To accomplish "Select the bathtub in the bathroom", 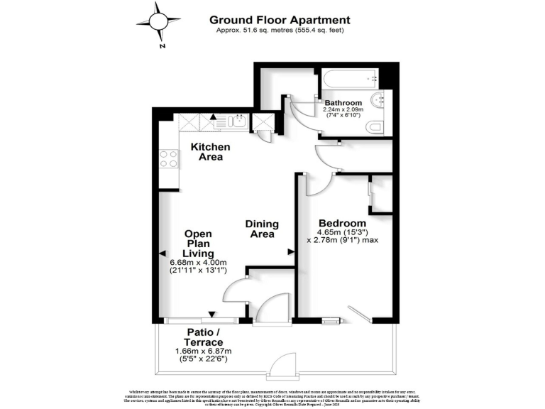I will tap(346, 80).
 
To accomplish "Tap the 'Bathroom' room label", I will tap(343, 102).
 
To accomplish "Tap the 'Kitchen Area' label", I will tap(211, 151).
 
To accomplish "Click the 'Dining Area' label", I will tap(262, 229).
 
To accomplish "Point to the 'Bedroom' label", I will tap(342, 223).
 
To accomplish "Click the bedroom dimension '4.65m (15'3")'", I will tap(342, 233).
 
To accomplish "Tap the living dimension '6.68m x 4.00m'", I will tap(199, 262).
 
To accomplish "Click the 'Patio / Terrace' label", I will tap(205, 337).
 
